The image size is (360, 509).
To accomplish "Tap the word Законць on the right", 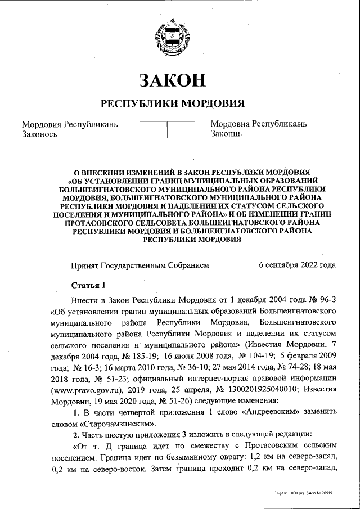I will click(x=227, y=134).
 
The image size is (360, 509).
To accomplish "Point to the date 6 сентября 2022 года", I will click(x=297, y=264).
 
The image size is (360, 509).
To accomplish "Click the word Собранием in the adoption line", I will click(x=184, y=264).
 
